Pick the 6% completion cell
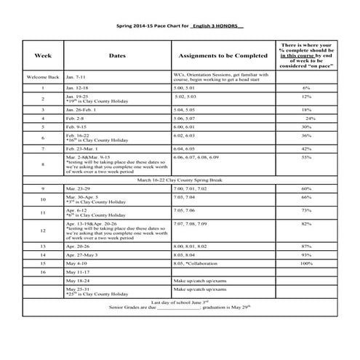click(x=306, y=87)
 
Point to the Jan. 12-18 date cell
click(x=78, y=87)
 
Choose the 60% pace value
click(x=307, y=188)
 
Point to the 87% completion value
click(x=307, y=247)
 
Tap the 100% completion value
click(x=307, y=263)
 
